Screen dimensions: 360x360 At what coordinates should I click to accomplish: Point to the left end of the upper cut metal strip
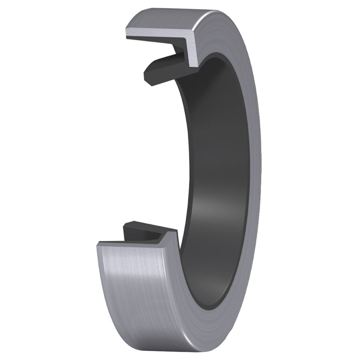[128, 33]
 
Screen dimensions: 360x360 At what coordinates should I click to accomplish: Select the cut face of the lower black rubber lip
[141, 232]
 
